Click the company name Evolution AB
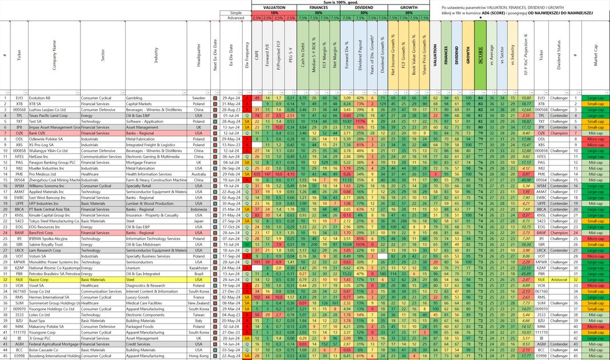tap(40, 98)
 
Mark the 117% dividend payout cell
tap(360, 121)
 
